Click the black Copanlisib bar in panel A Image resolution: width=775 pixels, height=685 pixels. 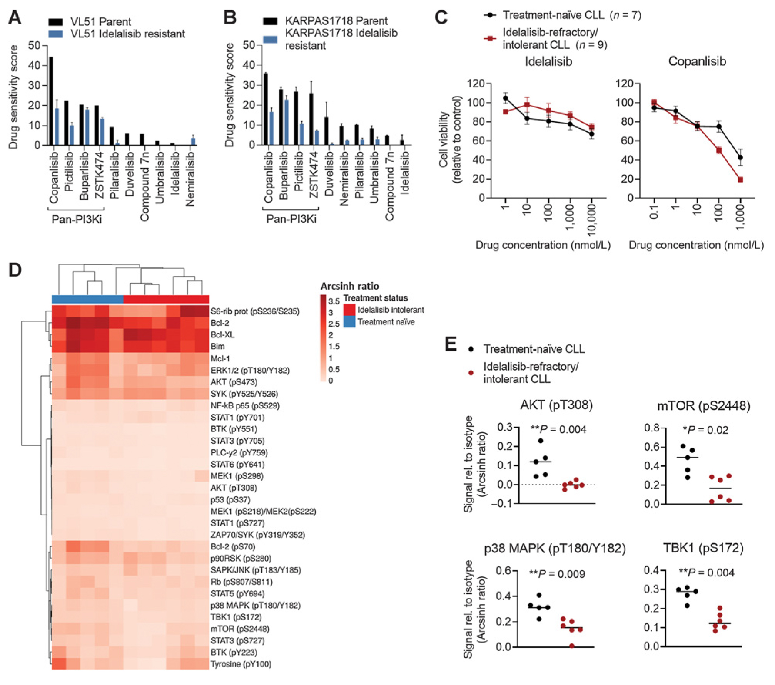51,101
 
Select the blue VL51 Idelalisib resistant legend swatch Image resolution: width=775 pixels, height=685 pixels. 56,34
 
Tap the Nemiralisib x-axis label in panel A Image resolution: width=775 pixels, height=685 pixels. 190,179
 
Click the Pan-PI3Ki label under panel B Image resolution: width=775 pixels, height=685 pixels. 291,219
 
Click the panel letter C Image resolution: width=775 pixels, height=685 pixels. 441,17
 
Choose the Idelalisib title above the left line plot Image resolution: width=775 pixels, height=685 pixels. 548,62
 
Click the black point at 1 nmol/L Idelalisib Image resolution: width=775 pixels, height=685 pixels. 506,98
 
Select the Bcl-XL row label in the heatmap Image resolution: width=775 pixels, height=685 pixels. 222,335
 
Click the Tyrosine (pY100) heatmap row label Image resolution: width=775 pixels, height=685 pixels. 241,664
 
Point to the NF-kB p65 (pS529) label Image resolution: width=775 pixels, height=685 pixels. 245,406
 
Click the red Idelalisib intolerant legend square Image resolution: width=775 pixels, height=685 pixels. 349,310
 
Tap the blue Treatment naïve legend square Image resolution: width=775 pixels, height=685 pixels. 349,322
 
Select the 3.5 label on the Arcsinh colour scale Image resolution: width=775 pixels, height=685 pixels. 334,301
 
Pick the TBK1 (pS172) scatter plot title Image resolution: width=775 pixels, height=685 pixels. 703,548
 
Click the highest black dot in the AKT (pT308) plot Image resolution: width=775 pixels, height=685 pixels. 541,441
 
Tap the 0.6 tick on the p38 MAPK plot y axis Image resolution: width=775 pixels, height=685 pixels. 503,571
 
